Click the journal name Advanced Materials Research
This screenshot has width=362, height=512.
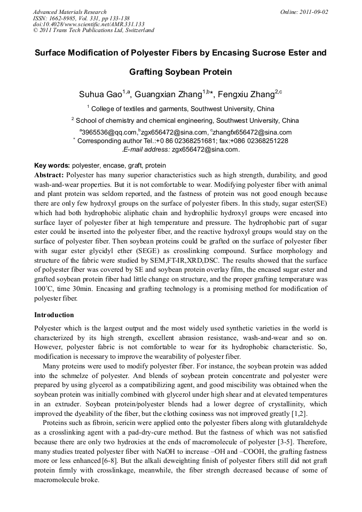(x=69, y=12)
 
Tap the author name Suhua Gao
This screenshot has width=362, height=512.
(x=99, y=95)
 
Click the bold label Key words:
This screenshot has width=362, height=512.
(x=52, y=166)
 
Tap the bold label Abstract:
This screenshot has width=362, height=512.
(x=49, y=175)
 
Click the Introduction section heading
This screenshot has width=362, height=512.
(x=54, y=314)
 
